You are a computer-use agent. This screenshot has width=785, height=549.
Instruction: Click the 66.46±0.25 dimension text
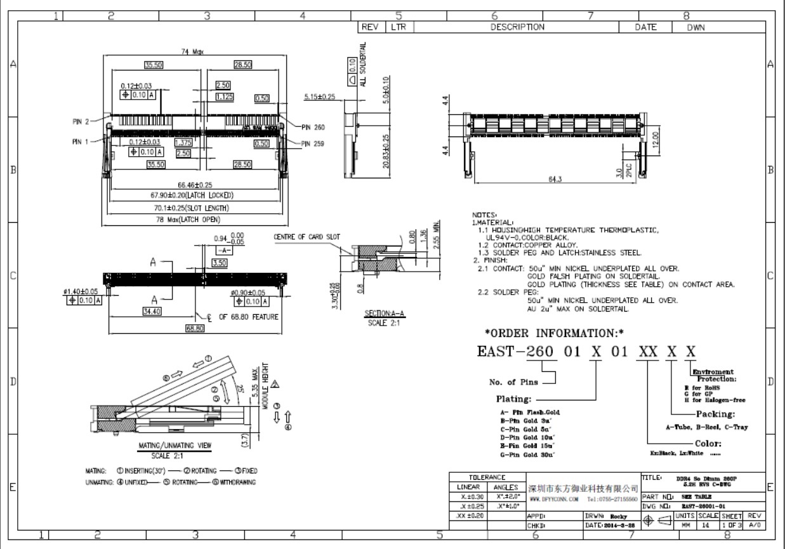pos(195,185)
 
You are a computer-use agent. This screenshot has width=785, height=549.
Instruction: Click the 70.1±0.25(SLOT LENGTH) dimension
pos(194,208)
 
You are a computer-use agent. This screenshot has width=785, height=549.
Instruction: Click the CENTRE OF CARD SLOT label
pos(307,237)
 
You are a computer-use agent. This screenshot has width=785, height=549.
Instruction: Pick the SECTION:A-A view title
pos(381,314)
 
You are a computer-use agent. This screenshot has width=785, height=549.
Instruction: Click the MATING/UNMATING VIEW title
pos(175,445)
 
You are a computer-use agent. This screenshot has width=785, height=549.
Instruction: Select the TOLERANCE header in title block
pos(486,476)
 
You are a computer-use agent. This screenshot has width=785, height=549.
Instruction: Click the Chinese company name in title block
pos(583,489)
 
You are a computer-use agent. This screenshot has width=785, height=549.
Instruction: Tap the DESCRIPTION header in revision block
pos(517,27)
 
